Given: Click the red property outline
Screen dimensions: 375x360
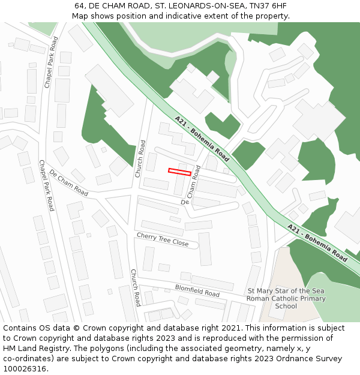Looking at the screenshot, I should [179, 172].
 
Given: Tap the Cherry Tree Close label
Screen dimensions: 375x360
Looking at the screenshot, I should [163, 239].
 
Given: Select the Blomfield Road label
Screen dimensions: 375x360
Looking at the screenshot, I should [197, 290].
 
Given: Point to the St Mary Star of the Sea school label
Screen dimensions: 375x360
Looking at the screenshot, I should [286, 298].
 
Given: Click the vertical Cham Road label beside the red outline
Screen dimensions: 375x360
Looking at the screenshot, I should [193, 182].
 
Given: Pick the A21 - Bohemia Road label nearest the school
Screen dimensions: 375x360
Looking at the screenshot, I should [317, 242].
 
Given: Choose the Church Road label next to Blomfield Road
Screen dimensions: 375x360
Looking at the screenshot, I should [136, 287].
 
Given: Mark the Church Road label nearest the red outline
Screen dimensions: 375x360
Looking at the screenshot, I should [140, 158].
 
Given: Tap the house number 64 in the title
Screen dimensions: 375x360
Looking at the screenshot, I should [79, 6].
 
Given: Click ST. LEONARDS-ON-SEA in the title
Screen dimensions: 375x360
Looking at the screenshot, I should [197, 6].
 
